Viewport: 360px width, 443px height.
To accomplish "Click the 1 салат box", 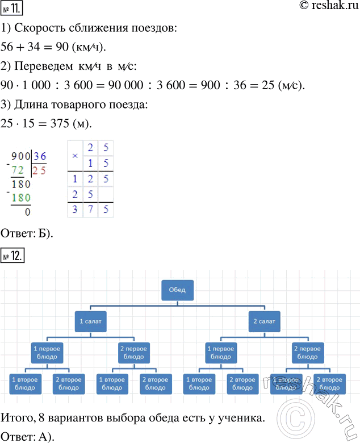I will (x=91, y=321).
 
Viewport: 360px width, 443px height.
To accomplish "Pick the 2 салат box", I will (x=264, y=321).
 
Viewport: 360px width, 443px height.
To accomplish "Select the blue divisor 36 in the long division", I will (x=40, y=157).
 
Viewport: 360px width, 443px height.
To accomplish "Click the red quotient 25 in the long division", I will (x=40, y=170).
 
